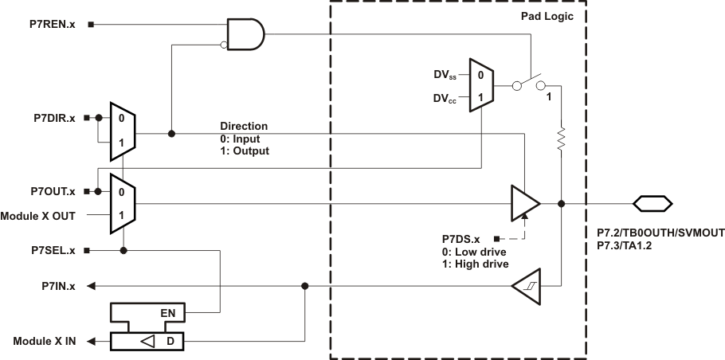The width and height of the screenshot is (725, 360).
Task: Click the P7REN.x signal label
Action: (52, 25)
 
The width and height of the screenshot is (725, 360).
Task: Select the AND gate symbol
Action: (245, 35)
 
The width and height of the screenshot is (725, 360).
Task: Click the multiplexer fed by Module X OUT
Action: (123, 204)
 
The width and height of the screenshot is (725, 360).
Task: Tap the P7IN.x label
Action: (58, 285)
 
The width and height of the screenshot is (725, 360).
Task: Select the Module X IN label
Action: (45, 342)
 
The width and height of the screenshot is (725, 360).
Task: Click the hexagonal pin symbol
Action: (652, 204)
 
